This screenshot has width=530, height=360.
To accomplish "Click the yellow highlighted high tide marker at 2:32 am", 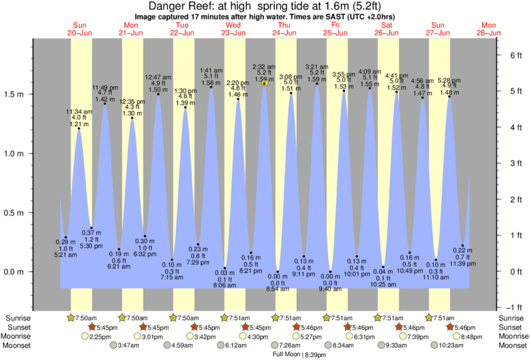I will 265,82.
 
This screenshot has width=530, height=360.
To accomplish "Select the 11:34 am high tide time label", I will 79,112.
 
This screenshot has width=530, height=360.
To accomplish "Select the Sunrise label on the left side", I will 17,318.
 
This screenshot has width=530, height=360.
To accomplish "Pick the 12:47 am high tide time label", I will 158,77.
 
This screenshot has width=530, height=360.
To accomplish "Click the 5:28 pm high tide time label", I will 450,81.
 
